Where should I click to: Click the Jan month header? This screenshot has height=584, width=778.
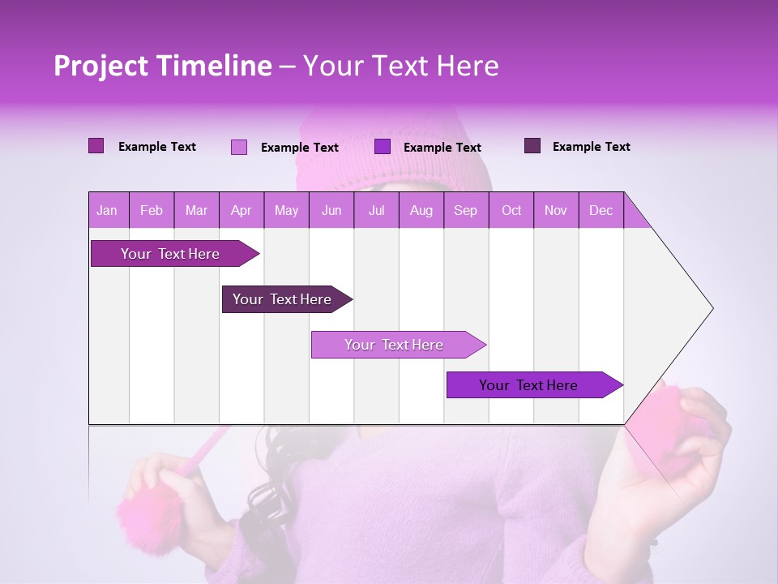pos(107,210)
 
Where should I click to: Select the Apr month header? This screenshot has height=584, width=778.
pos(242,210)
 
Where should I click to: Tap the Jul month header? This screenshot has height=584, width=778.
pos(376,210)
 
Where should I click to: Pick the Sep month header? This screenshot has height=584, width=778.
pos(466,210)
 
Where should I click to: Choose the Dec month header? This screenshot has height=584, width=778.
pos(601,210)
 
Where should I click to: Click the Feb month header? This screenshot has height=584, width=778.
pos(152,210)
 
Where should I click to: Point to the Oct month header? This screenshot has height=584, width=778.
pos(511,210)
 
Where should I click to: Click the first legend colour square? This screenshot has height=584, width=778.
pos(96,146)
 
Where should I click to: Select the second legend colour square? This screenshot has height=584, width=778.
pos(239,147)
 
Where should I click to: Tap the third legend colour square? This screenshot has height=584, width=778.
pos(383,147)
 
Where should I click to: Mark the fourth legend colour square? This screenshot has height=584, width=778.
pos(532,146)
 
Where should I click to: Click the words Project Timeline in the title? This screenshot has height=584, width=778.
pos(163,67)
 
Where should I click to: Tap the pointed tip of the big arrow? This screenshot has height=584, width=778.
pos(712,308)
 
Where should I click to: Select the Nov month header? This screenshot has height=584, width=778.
pos(556,210)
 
